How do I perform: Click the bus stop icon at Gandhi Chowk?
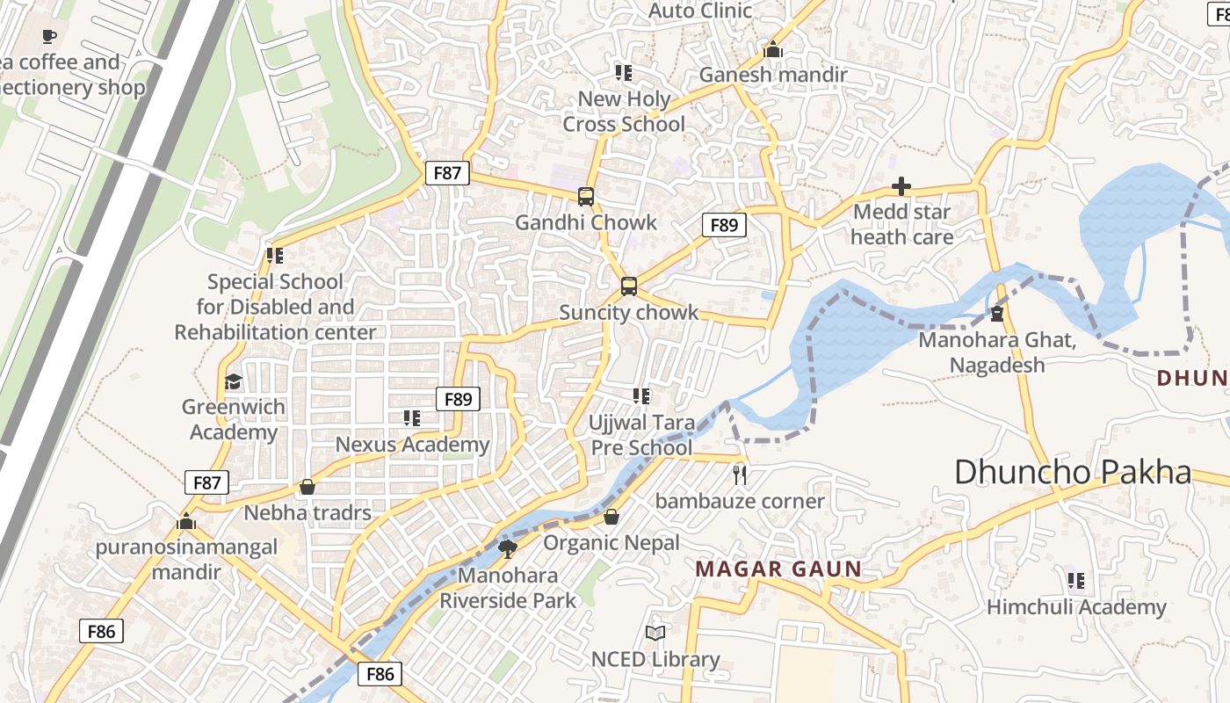coord(586,197)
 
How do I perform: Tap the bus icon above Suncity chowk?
coord(629,286)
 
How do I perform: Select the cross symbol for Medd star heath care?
coord(901,186)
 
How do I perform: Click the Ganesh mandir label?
coord(773,75)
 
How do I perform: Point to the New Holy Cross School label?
coord(624,112)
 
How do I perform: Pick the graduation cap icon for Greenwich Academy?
coord(233,381)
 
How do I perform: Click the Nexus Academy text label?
coord(412,445)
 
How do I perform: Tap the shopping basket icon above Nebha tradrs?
coord(307,487)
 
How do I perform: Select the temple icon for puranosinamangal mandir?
coord(185,521)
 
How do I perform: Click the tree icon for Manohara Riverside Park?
coord(507,549)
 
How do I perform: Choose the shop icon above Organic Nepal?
coord(611,517)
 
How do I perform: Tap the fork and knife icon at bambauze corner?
coord(740,475)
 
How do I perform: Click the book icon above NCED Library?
coord(655,633)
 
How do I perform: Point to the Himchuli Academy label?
coord(1076,607)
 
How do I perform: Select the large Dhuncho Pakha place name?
coord(1073,472)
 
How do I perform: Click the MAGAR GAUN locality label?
coord(778,569)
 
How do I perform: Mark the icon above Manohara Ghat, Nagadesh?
coord(997,314)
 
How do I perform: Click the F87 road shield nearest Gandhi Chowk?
coord(447,173)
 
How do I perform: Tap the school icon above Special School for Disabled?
coord(275,256)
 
